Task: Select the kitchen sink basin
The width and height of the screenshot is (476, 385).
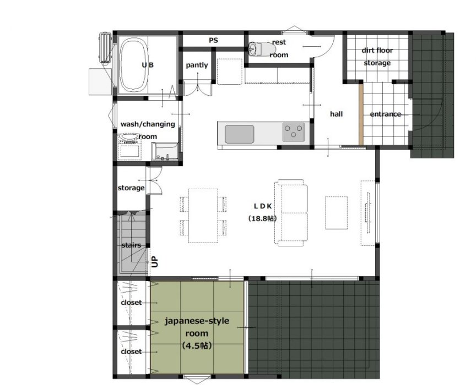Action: tap(240, 134)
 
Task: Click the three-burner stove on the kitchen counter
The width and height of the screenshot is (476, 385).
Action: tap(294, 132)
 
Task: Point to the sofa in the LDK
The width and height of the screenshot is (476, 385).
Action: tap(291, 212)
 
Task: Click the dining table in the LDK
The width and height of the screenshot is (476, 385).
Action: tap(203, 216)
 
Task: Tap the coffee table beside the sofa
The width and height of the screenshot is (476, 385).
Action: tap(337, 213)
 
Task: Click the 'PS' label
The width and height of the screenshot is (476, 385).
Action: tap(213, 40)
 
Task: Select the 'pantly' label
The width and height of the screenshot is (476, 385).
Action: tap(197, 65)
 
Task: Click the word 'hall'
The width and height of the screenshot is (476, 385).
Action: tap(337, 114)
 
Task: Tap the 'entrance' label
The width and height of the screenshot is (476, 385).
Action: tap(386, 114)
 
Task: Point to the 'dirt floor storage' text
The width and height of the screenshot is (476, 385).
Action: tap(377, 57)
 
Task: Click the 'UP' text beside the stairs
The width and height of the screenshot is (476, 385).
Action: tap(155, 262)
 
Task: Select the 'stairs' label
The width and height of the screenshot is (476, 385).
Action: tap(131, 245)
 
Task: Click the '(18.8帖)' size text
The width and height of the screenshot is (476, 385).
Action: tap(263, 218)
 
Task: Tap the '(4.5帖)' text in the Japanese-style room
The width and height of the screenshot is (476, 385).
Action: tap(197, 345)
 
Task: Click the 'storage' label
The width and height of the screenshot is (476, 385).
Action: tap(131, 188)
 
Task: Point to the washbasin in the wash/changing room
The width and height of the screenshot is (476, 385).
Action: tap(129, 137)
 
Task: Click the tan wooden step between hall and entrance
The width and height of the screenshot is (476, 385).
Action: tap(361, 114)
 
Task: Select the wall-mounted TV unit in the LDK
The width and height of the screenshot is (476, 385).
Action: tap(368, 213)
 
